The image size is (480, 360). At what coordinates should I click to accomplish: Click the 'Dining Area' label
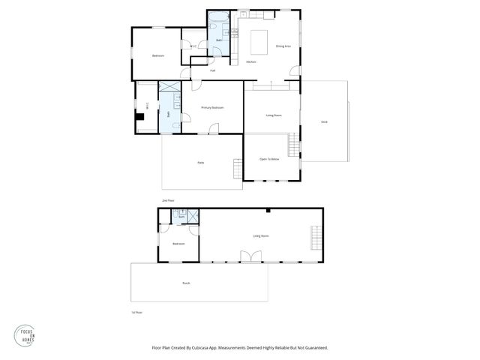coord(283,46)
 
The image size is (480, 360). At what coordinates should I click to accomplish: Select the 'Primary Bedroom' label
coord(212,108)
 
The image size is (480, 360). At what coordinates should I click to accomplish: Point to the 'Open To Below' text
coord(269,159)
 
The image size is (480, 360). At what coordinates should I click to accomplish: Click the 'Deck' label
coord(324,121)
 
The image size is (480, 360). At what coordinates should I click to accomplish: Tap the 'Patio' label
coord(201,163)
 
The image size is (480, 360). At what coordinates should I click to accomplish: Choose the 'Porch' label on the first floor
coord(186,283)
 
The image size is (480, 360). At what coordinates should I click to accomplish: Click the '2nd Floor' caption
coord(168,200)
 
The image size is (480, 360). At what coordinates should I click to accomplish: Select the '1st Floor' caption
coord(136,311)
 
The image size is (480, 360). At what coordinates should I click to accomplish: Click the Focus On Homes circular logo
coord(26,334)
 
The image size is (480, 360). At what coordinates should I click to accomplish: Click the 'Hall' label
coord(213,70)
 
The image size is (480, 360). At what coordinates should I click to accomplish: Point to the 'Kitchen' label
coord(251,61)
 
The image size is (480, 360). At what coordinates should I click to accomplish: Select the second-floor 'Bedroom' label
coord(157,55)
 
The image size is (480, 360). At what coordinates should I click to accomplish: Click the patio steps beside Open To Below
coord(238,168)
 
